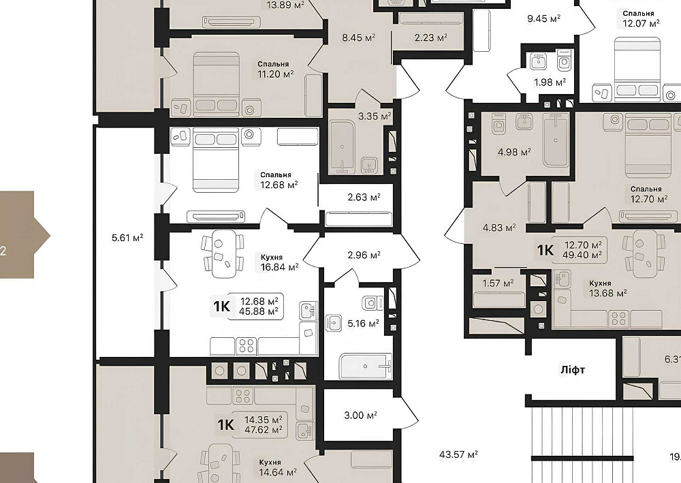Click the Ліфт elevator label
(573, 370)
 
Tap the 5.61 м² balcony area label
(127, 238)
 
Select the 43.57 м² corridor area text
(458, 454)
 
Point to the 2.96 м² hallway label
(364, 255)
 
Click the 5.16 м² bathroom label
(363, 323)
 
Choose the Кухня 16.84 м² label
(279, 262)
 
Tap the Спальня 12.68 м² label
(279, 181)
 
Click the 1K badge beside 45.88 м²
(221, 307)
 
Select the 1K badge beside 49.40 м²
(545, 250)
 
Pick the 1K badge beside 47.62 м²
(225, 424)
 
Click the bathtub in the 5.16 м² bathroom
(365, 366)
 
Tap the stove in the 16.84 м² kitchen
(246, 346)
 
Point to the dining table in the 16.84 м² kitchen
(223, 253)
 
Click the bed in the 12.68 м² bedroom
(216, 160)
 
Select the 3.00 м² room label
(360, 416)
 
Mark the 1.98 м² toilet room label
(550, 82)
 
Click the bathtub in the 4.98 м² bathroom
(556, 140)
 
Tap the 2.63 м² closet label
(364, 197)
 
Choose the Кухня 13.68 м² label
(607, 288)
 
